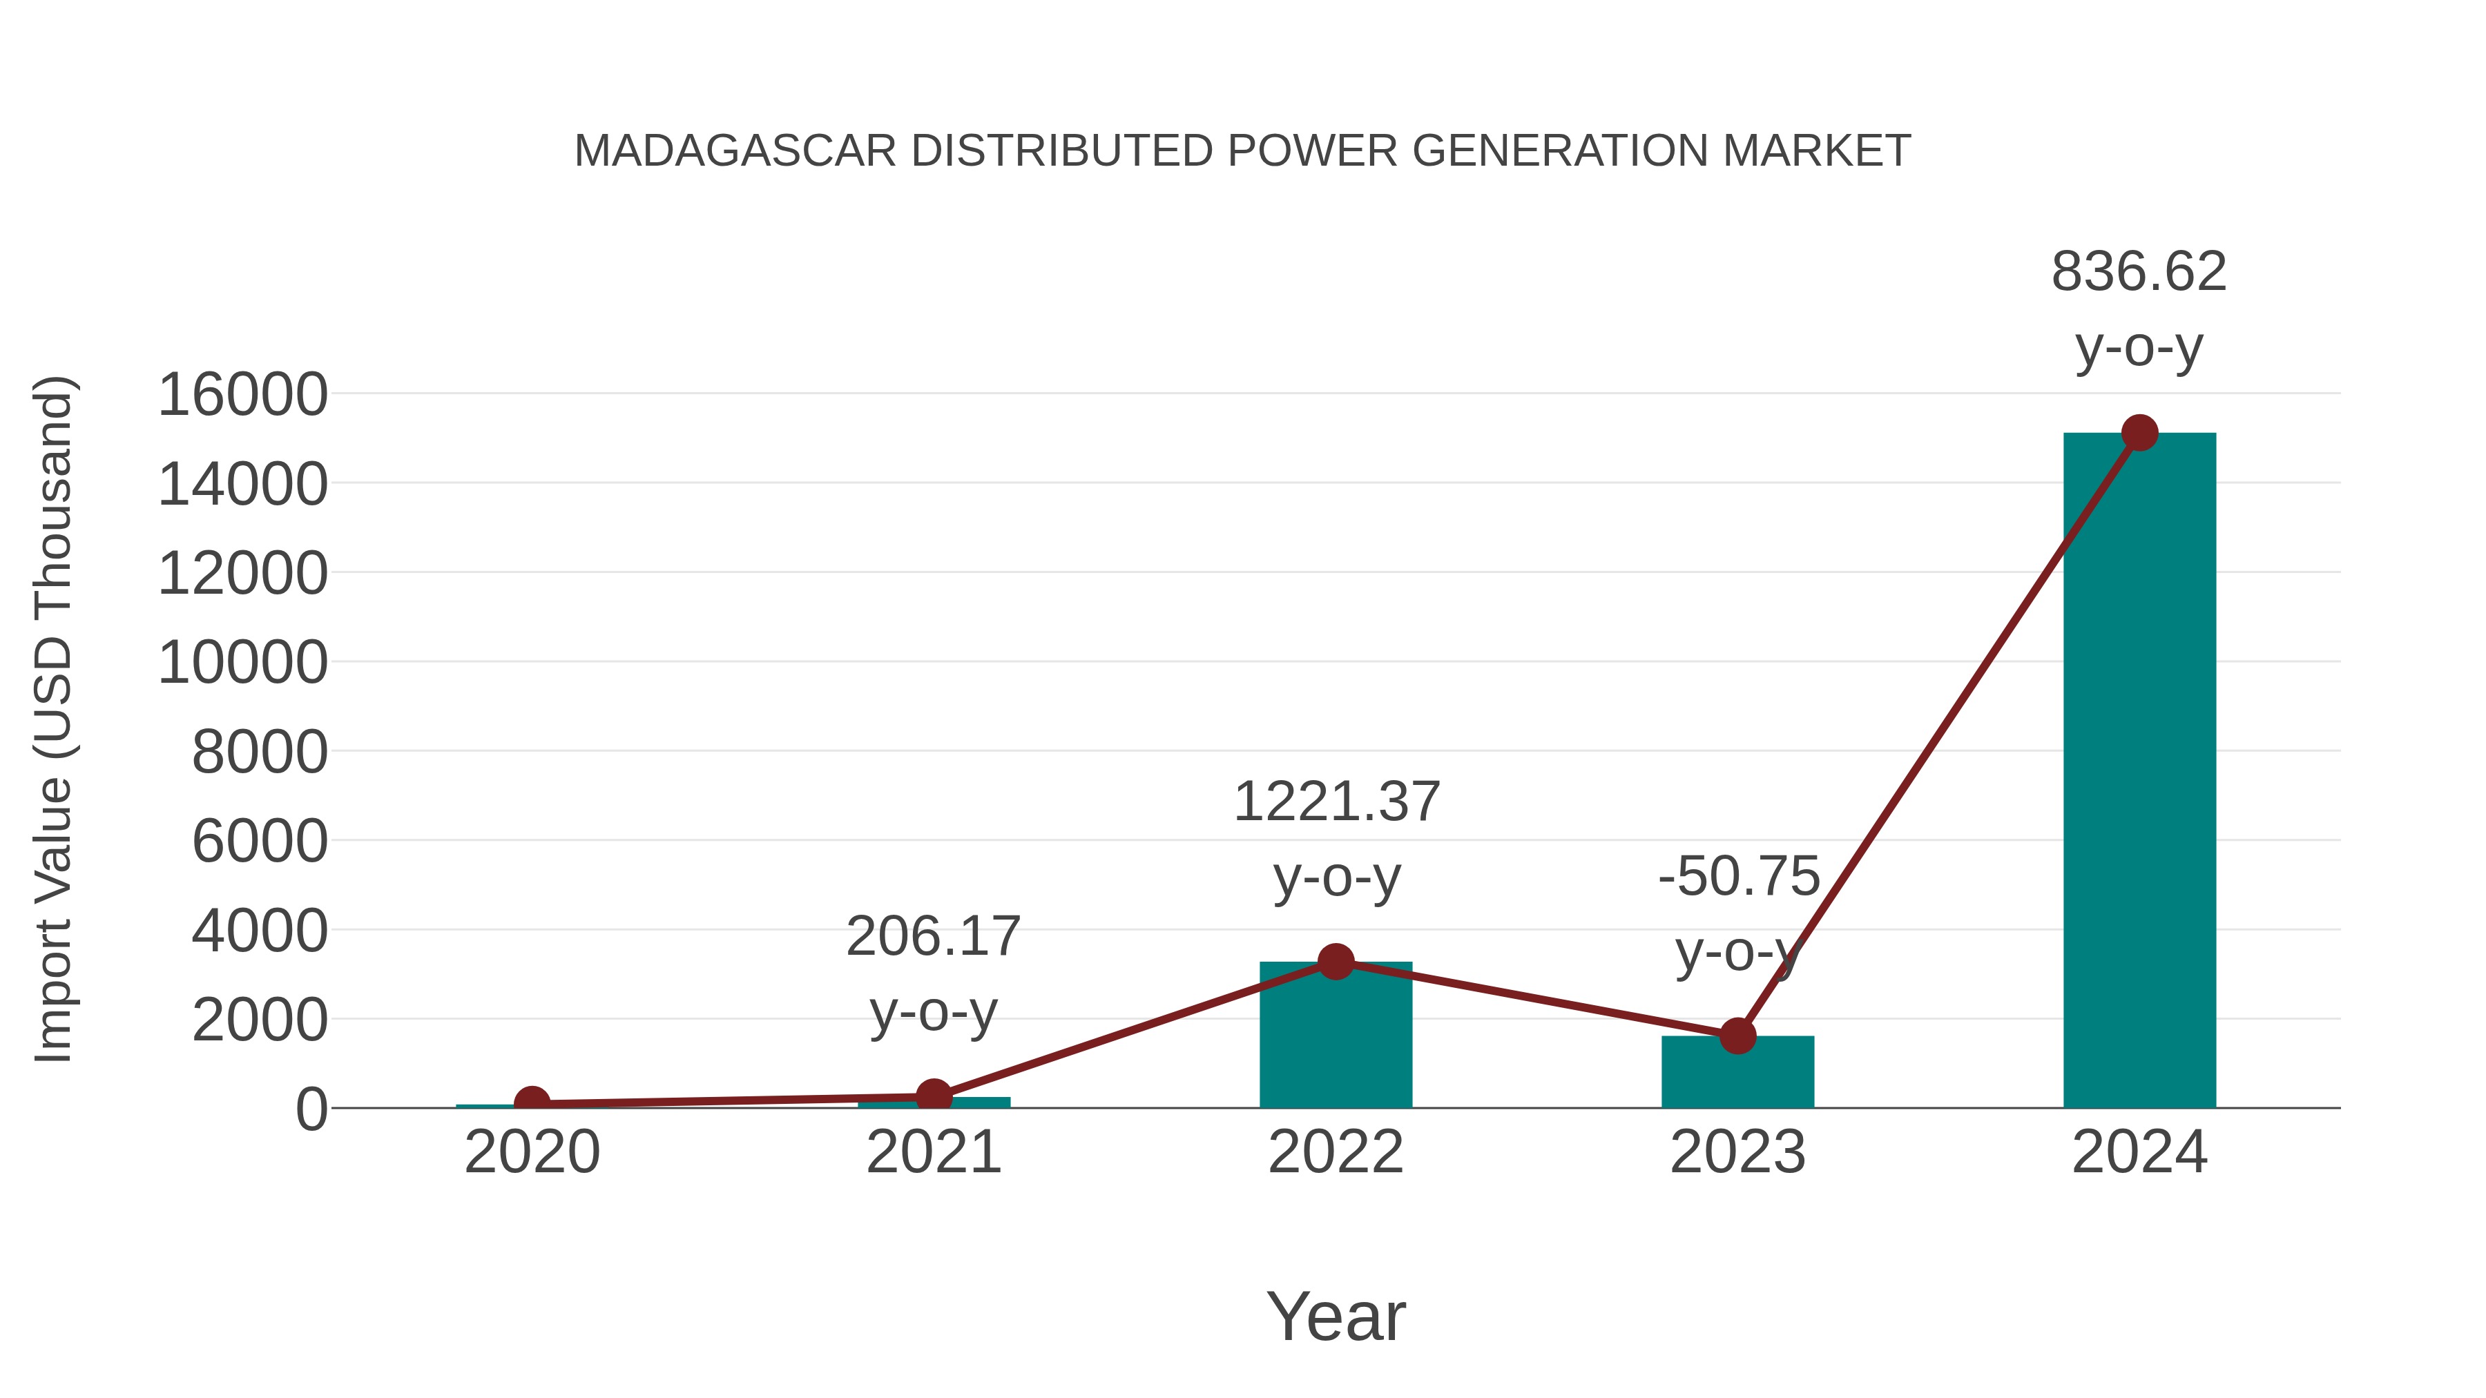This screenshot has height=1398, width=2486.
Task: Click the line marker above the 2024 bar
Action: pyautogui.click(x=2139, y=433)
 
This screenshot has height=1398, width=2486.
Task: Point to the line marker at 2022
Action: pyautogui.click(x=1336, y=962)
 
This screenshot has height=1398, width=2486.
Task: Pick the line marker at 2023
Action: pyautogui.click(x=1737, y=1036)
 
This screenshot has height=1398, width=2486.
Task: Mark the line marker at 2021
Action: pyautogui.click(x=933, y=1097)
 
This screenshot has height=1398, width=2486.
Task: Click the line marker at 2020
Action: pyautogui.click(x=532, y=1103)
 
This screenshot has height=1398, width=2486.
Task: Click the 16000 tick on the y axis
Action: pyautogui.click(x=243, y=395)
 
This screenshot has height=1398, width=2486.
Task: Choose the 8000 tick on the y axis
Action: pyautogui.click(x=260, y=753)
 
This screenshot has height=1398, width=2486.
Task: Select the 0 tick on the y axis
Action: pyautogui.click(x=311, y=1109)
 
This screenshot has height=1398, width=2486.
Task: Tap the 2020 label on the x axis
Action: pyautogui.click(x=532, y=1152)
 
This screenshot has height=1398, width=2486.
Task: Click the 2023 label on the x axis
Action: pyautogui.click(x=1737, y=1152)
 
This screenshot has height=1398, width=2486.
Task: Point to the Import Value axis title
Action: pyautogui.click(x=53, y=719)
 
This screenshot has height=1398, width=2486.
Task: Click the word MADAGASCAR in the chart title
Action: pyautogui.click(x=735, y=151)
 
